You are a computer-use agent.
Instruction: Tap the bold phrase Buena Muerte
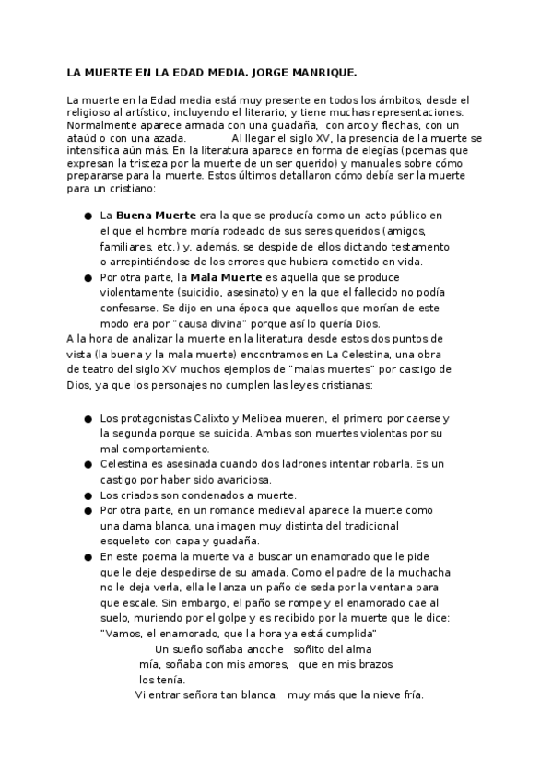[x=156, y=215]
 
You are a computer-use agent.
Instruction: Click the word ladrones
[x=283, y=464]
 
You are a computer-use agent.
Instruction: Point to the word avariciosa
[x=240, y=480]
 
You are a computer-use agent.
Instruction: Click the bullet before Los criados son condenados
[x=88, y=495]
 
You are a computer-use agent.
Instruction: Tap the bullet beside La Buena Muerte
[x=88, y=216]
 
